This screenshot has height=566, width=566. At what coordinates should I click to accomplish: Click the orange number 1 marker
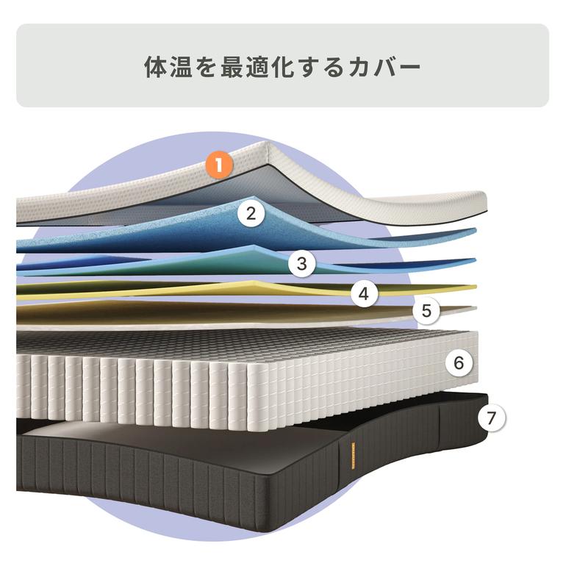coord(219,165)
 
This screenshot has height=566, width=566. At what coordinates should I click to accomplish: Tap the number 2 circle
coord(251,213)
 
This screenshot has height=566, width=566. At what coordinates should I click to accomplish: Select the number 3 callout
coord(302,264)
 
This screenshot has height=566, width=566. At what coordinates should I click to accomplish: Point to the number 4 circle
coord(364,294)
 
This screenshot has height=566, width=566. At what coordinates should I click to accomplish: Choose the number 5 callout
coord(426,310)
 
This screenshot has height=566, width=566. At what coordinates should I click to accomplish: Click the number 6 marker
coord(459,362)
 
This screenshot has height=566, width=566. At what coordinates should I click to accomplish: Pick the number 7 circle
coord(491,418)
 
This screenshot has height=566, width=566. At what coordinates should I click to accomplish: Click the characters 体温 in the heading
coord(168,66)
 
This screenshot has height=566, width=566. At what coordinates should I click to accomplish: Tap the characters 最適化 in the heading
coord(258,66)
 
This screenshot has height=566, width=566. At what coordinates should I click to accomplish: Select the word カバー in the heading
coord(384,67)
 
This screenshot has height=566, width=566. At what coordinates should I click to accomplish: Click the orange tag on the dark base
coord(352,456)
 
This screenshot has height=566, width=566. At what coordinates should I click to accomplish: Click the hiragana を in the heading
coord(207,67)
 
